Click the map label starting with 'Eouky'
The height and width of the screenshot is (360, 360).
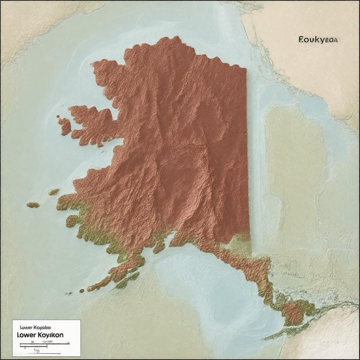point(318,40)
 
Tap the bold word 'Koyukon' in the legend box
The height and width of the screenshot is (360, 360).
point(50,335)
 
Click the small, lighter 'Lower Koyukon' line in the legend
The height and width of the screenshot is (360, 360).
point(36,327)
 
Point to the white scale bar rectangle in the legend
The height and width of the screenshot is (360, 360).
point(34,346)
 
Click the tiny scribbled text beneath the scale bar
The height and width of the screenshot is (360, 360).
point(36,350)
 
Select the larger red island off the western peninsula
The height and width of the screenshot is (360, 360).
point(65,127)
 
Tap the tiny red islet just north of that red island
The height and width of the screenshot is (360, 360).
point(58,116)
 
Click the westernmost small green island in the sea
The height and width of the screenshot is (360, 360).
point(33,205)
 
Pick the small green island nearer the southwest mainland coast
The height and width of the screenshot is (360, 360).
point(53,192)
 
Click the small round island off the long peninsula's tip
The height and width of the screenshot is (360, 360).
point(82,291)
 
